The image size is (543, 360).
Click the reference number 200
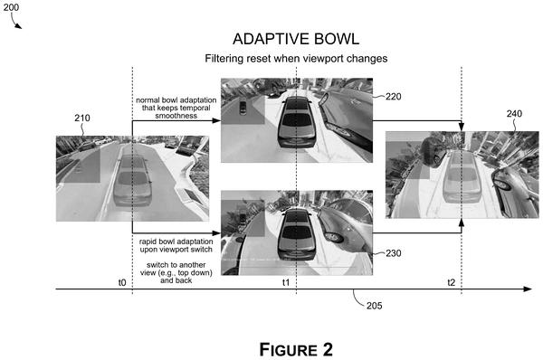click(x=11, y=7)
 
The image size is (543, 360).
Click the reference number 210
click(x=82, y=118)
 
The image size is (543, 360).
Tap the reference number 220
click(x=394, y=97)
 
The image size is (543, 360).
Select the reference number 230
click(x=394, y=253)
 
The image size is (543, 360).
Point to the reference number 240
click(x=514, y=114)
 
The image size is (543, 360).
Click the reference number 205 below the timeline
click(x=375, y=306)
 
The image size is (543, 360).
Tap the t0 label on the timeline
click(x=122, y=283)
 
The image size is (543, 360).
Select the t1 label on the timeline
click(x=286, y=283)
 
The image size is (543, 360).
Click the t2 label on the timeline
click(x=452, y=283)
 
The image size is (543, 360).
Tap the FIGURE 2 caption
click(x=296, y=350)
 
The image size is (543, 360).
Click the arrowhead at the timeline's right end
click(x=528, y=289)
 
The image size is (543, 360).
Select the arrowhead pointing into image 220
click(x=216, y=120)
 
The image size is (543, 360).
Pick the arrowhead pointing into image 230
click(x=216, y=232)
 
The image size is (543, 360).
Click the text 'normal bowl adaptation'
click(x=176, y=100)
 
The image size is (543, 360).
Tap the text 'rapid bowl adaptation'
click(x=176, y=242)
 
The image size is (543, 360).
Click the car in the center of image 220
click(x=297, y=122)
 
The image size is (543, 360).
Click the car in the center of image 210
click(x=132, y=181)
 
